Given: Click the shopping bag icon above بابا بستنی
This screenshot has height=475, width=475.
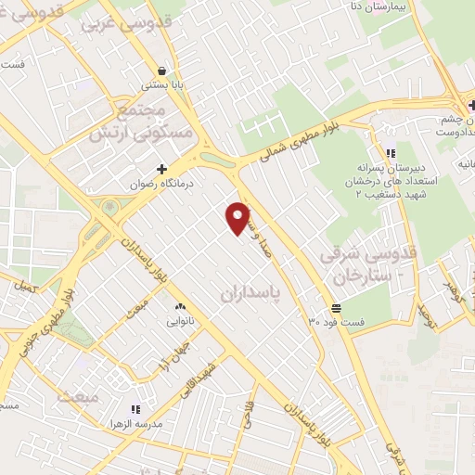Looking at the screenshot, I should tap(163, 71).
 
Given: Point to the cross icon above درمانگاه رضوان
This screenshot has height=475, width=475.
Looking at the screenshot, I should tap(163, 169).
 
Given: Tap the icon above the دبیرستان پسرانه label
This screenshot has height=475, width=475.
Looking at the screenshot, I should tap(391, 152).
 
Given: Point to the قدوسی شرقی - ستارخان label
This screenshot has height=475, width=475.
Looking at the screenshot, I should tap(367, 264).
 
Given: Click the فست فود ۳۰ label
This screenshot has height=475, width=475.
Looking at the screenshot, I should tap(337, 322).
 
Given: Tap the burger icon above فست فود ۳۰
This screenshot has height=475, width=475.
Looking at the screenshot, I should tap(335, 307).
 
